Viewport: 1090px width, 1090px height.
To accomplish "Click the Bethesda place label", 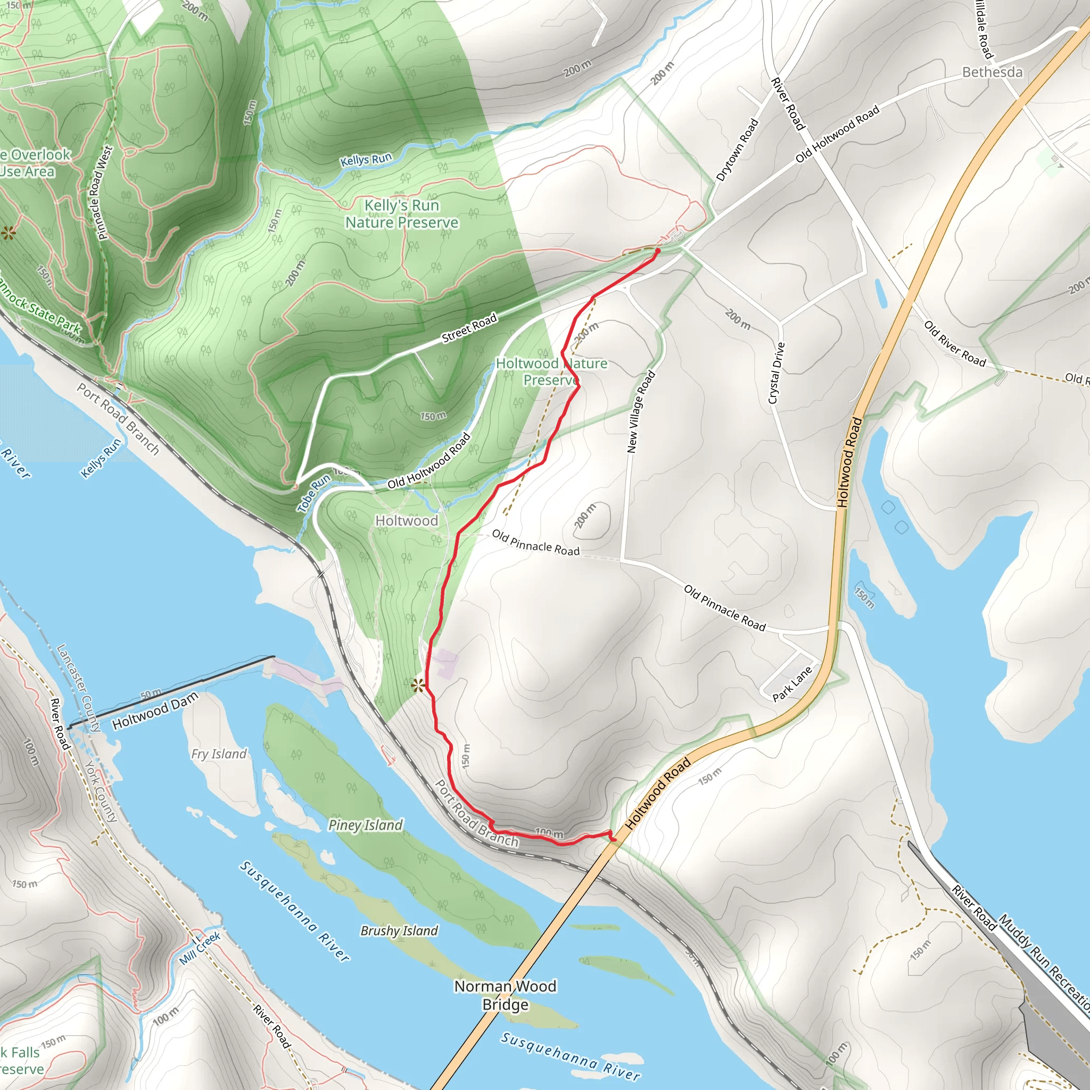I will point(992,72).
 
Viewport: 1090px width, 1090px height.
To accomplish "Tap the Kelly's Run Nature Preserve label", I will point(402,214).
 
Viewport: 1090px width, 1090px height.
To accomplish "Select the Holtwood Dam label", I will point(155,711).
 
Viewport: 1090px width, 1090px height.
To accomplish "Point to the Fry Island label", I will point(219,754).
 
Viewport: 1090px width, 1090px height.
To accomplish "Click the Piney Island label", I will point(366,825).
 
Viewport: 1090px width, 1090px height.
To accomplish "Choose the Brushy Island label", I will point(399,931).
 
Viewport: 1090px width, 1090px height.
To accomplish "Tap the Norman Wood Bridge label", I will point(506,995).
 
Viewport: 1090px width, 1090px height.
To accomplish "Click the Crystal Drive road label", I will point(777,373).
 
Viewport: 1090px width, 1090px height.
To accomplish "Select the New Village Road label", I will point(641,411).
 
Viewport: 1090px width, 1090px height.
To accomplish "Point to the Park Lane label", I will point(792,684).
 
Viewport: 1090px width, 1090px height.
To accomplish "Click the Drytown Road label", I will point(737,150).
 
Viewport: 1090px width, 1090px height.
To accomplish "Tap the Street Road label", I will point(469,328).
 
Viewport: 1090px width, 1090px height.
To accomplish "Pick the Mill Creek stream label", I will point(200,948).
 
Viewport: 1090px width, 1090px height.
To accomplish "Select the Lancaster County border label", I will point(78,688).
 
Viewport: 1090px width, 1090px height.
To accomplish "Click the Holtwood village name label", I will point(406,521).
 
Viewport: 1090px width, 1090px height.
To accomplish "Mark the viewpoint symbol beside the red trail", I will point(417,686).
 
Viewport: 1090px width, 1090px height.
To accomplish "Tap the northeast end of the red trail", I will point(657,250).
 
